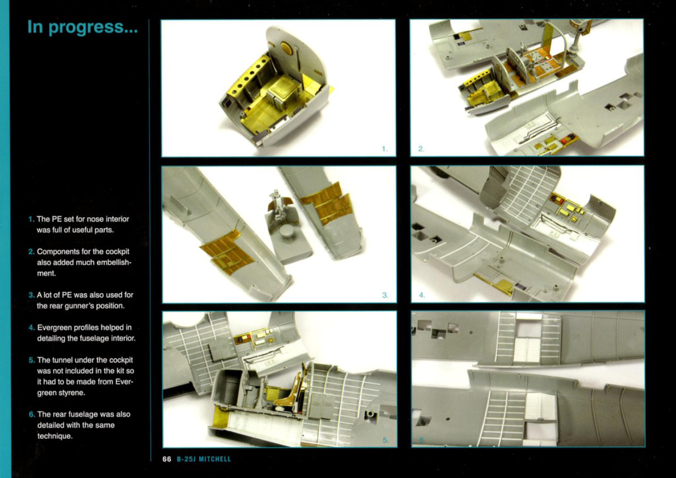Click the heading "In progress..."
[x=82, y=27]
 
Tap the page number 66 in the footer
[x=167, y=459]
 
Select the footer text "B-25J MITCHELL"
[x=204, y=459]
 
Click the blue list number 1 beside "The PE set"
[x=31, y=219]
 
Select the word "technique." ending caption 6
[x=54, y=436]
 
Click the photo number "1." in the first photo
[x=385, y=149]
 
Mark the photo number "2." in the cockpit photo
[x=421, y=149]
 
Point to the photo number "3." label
[x=385, y=296]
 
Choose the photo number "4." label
[x=422, y=296]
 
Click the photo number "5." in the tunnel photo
[x=386, y=440]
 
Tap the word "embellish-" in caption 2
[x=110, y=263]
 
